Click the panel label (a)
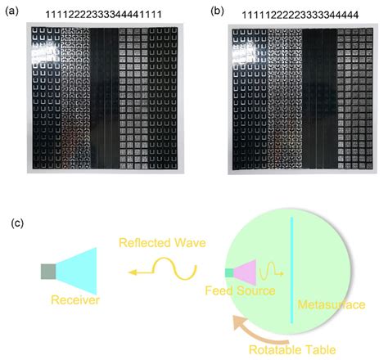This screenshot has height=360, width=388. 13,11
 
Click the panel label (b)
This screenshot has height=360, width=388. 216,11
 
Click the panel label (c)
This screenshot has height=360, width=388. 13,221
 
